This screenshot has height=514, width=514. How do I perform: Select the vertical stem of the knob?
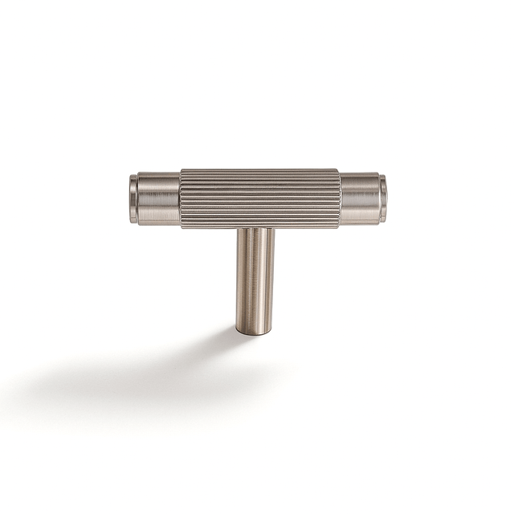[x=255, y=277]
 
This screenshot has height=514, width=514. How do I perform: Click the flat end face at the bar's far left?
[x=129, y=198]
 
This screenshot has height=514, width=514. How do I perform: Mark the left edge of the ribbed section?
[x=182, y=198]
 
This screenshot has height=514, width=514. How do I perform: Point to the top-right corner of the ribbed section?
[x=339, y=169]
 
